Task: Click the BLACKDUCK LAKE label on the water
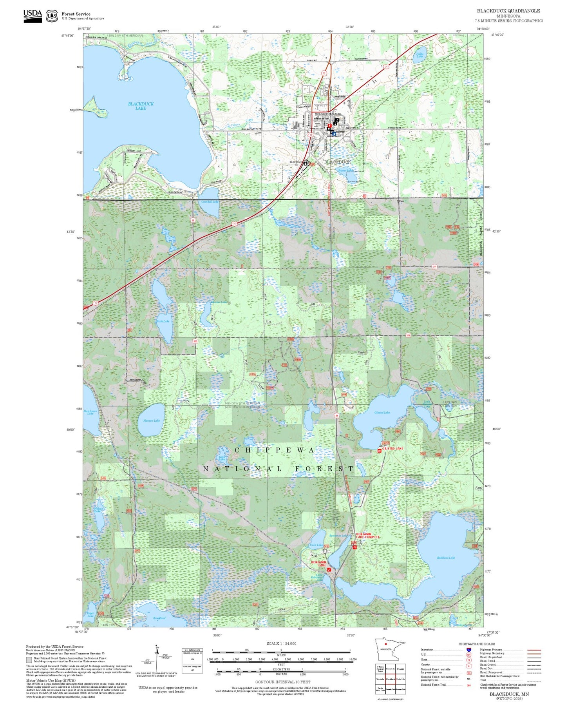click(141, 106)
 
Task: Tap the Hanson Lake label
click(151, 420)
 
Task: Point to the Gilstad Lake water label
click(382, 412)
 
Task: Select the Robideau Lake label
click(446, 558)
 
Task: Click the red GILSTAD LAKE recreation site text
click(392, 448)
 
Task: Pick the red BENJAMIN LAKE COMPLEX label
click(367, 535)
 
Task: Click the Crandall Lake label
click(210, 201)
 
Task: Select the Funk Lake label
click(163, 321)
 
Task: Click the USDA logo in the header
click(33, 16)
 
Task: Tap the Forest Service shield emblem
click(52, 16)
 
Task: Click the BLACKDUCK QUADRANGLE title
click(508, 11)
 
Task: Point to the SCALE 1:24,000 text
click(281, 643)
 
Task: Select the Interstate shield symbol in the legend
click(468, 650)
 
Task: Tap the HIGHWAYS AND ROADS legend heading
click(476, 644)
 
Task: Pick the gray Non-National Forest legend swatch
click(29, 660)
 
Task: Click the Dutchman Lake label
click(90, 412)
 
